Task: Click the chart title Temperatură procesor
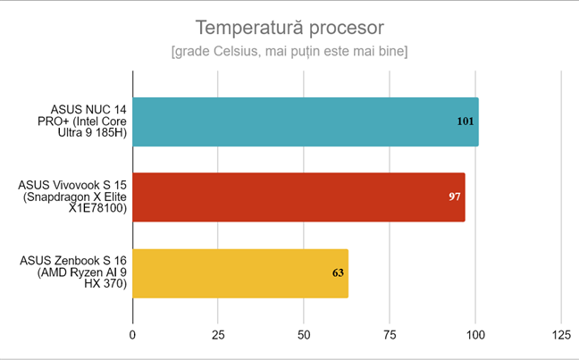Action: (x=289, y=28)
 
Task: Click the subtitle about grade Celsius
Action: (x=289, y=52)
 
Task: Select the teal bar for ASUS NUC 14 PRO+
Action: (x=305, y=121)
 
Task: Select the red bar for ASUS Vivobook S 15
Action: (x=298, y=197)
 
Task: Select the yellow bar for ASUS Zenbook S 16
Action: (x=239, y=272)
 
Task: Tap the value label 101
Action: (x=465, y=121)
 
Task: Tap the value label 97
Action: (x=454, y=197)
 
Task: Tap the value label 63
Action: (x=338, y=272)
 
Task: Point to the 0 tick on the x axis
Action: (x=133, y=334)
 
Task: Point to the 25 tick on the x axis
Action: (x=218, y=334)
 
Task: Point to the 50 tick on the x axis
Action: (x=304, y=334)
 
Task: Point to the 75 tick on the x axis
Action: (x=390, y=334)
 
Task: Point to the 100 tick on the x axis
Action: (x=475, y=334)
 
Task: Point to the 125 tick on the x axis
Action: (x=560, y=334)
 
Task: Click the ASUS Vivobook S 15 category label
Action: (x=74, y=197)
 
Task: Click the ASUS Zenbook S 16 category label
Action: (x=74, y=272)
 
